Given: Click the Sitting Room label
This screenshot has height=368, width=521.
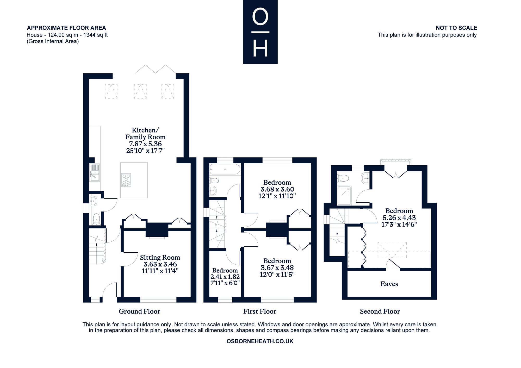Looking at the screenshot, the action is pyautogui.click(x=160, y=258).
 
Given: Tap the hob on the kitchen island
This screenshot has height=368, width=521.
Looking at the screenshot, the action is pyautogui.click(x=126, y=180).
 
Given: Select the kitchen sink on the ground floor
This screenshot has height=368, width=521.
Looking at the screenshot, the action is pyautogui.click(x=94, y=172).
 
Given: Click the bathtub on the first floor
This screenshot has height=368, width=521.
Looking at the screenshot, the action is pyautogui.click(x=225, y=169).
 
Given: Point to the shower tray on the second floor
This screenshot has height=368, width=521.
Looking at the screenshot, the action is pyautogui.click(x=344, y=195).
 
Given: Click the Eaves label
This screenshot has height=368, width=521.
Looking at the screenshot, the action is pyautogui.click(x=389, y=284).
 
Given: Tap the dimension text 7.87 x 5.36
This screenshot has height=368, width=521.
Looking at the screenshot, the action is pyautogui.click(x=145, y=144).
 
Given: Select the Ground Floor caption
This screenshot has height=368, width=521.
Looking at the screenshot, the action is pyautogui.click(x=139, y=311).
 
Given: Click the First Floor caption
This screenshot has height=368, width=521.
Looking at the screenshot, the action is pyautogui.click(x=260, y=311).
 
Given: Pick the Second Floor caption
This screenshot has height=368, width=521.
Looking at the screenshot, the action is pyautogui.click(x=380, y=311).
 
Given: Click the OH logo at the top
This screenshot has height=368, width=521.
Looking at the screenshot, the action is pyautogui.click(x=260, y=32).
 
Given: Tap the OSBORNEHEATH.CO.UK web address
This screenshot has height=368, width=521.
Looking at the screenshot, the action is pyautogui.click(x=260, y=341).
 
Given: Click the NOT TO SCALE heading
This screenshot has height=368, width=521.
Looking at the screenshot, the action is pyautogui.click(x=456, y=28).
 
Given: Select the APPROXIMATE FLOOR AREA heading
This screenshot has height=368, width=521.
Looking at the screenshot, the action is pyautogui.click(x=66, y=28).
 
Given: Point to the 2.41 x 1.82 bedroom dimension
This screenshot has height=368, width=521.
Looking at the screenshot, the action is pyautogui.click(x=225, y=277).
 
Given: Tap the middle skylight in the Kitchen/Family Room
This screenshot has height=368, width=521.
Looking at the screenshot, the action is pyautogui.click(x=140, y=91).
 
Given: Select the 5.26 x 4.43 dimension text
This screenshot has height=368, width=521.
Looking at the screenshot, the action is pyautogui.click(x=399, y=217).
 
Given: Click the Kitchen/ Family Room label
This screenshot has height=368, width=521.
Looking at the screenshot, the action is pyautogui.click(x=145, y=134).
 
